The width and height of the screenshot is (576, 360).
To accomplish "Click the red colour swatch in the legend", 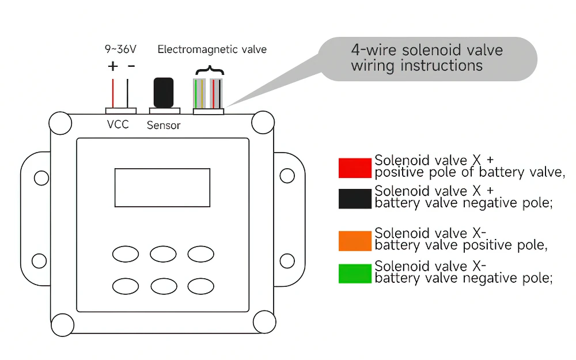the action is coord(355,168).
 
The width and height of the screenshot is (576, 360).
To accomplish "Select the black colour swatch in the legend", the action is coord(355,199).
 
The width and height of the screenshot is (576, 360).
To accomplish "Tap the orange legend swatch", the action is coord(355,241).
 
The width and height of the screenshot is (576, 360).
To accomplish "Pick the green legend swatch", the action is coord(355,274).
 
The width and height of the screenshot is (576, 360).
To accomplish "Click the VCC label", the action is coord(118,124).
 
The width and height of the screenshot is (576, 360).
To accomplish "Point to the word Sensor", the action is coord(164,126).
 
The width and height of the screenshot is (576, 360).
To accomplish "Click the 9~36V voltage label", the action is coord(120,49).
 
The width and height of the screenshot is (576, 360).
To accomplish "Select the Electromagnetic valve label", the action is coord(212,50).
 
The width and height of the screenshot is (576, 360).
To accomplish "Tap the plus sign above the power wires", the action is coord(113,66).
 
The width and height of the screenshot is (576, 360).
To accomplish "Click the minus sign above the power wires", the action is coord(131,66).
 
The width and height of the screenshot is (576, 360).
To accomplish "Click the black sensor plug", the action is coord(164,93).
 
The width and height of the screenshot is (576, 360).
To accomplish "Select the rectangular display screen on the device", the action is coord(162,188).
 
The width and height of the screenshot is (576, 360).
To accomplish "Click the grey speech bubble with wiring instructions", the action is coord(428,59).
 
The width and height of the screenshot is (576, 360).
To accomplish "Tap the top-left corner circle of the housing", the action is coord(60,123).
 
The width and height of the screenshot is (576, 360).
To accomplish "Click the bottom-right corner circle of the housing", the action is coord(264,322).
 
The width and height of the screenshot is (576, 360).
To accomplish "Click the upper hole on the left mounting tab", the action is coord(41,178).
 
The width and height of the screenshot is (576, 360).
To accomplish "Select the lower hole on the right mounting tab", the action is coord(287,261).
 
